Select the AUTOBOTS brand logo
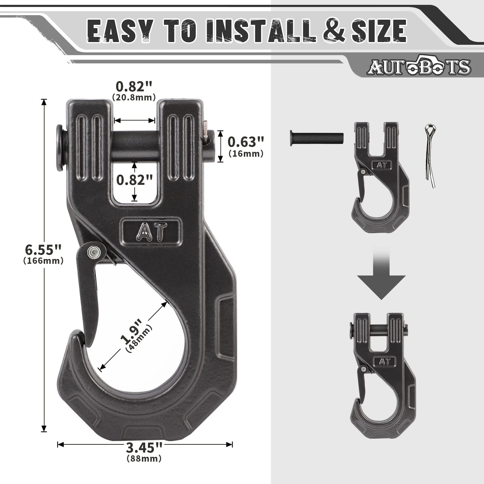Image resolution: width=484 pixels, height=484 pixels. (419, 67)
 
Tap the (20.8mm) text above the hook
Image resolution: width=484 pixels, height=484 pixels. (134, 97)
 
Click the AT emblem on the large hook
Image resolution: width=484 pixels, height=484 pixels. (152, 232)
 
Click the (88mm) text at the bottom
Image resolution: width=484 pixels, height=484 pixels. (144, 467)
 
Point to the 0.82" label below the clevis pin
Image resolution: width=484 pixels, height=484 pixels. (135, 180)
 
